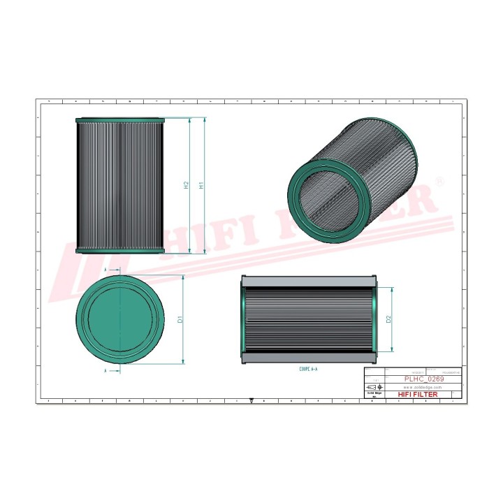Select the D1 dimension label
(180, 319)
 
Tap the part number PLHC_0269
(423, 378)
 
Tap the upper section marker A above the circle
(105, 268)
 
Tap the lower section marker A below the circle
(105, 371)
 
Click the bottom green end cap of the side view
(119, 251)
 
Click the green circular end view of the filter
(119, 319)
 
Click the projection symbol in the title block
(372, 386)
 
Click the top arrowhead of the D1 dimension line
(184, 276)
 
